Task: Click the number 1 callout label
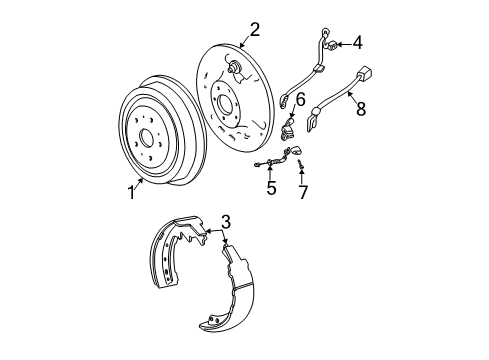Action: point(131,193)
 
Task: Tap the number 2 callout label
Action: point(254,29)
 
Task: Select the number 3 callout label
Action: point(226,249)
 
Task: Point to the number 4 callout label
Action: point(358,43)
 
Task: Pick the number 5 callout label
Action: point(271,187)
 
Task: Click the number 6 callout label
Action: point(299,98)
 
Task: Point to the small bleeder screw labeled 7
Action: point(299,164)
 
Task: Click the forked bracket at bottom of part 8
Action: point(318,127)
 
